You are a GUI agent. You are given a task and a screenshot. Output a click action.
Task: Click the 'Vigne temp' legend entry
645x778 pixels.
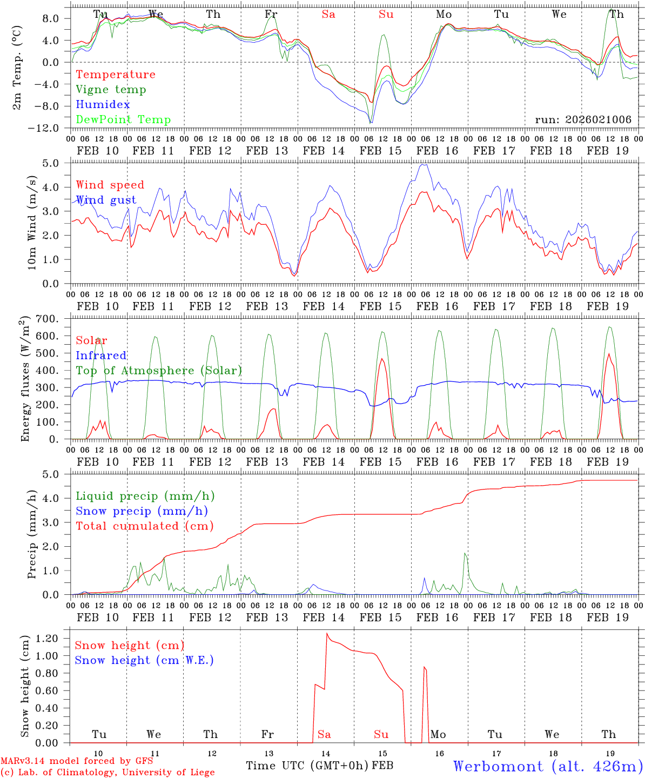pyautogui.click(x=111, y=90)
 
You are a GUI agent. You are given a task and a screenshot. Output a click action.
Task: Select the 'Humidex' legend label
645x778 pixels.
pyautogui.click(x=103, y=105)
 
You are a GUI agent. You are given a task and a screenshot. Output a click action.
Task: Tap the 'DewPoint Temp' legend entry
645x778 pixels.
pyautogui.click(x=123, y=120)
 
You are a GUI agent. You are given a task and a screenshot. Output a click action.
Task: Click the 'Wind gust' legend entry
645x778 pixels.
pyautogui.click(x=106, y=200)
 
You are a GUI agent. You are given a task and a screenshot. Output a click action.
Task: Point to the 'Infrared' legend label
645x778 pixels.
pyautogui.click(x=101, y=356)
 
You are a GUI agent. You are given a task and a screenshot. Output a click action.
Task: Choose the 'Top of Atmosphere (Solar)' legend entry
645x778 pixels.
pyautogui.click(x=159, y=371)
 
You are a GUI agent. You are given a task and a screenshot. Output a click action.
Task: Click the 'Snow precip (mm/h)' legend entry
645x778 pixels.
pyautogui.click(x=142, y=511)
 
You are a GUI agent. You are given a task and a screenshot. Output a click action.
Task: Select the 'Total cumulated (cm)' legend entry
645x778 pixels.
pyautogui.click(x=144, y=526)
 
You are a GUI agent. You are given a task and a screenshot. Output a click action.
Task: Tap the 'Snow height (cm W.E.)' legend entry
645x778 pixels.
pyautogui.click(x=144, y=660)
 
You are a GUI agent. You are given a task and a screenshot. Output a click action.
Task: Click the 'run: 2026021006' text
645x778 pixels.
pyautogui.click(x=583, y=120)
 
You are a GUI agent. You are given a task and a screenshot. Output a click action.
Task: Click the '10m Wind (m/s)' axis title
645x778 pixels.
pyautogui.click(x=32, y=222)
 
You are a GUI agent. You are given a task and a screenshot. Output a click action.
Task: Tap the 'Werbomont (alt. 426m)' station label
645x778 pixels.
pyautogui.click(x=548, y=766)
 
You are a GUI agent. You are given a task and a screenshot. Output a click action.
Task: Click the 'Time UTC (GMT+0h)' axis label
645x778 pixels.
pyautogui.click(x=307, y=766)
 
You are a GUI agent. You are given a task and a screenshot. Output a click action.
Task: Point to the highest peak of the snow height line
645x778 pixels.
pyautogui.click(x=327, y=633)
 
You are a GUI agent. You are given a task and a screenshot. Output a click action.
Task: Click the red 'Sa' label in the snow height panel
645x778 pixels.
pyautogui.click(x=324, y=734)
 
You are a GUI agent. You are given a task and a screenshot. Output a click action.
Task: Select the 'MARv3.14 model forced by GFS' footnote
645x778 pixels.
pyautogui.click(x=77, y=761)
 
